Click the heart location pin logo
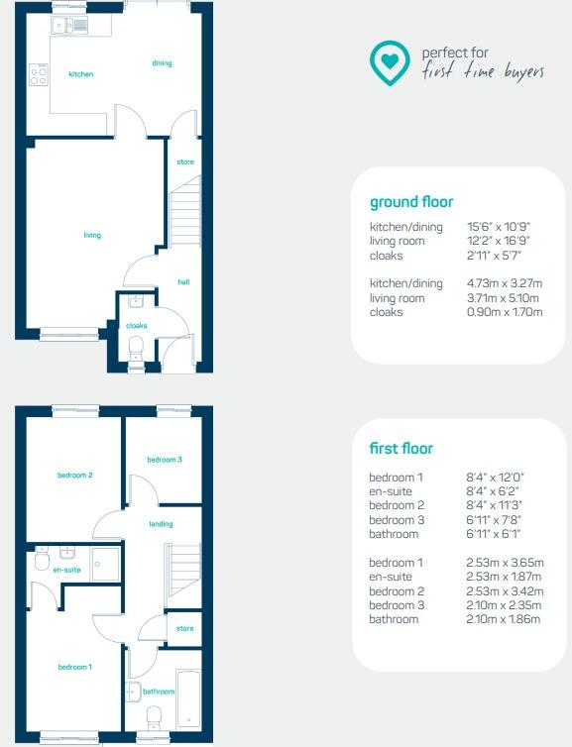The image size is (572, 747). [x=391, y=62]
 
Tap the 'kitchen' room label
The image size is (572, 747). [x=81, y=74]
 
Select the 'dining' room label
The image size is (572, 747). [x=162, y=63]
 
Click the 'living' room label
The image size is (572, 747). [x=92, y=235]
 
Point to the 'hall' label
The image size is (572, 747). [x=183, y=282]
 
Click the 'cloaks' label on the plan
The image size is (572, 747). [x=136, y=325]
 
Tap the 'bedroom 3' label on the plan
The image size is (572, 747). [x=165, y=460]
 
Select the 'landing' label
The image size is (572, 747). [x=162, y=524]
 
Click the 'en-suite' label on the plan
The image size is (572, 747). [x=66, y=571]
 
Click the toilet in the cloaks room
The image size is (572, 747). [x=137, y=345]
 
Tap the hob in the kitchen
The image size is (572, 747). [x=40, y=74]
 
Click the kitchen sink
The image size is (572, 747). [x=71, y=24]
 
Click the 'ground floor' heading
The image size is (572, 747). [x=411, y=202]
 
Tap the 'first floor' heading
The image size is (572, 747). [x=400, y=449]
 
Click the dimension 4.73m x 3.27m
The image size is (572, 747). [x=505, y=284]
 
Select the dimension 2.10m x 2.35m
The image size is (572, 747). [x=504, y=605]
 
